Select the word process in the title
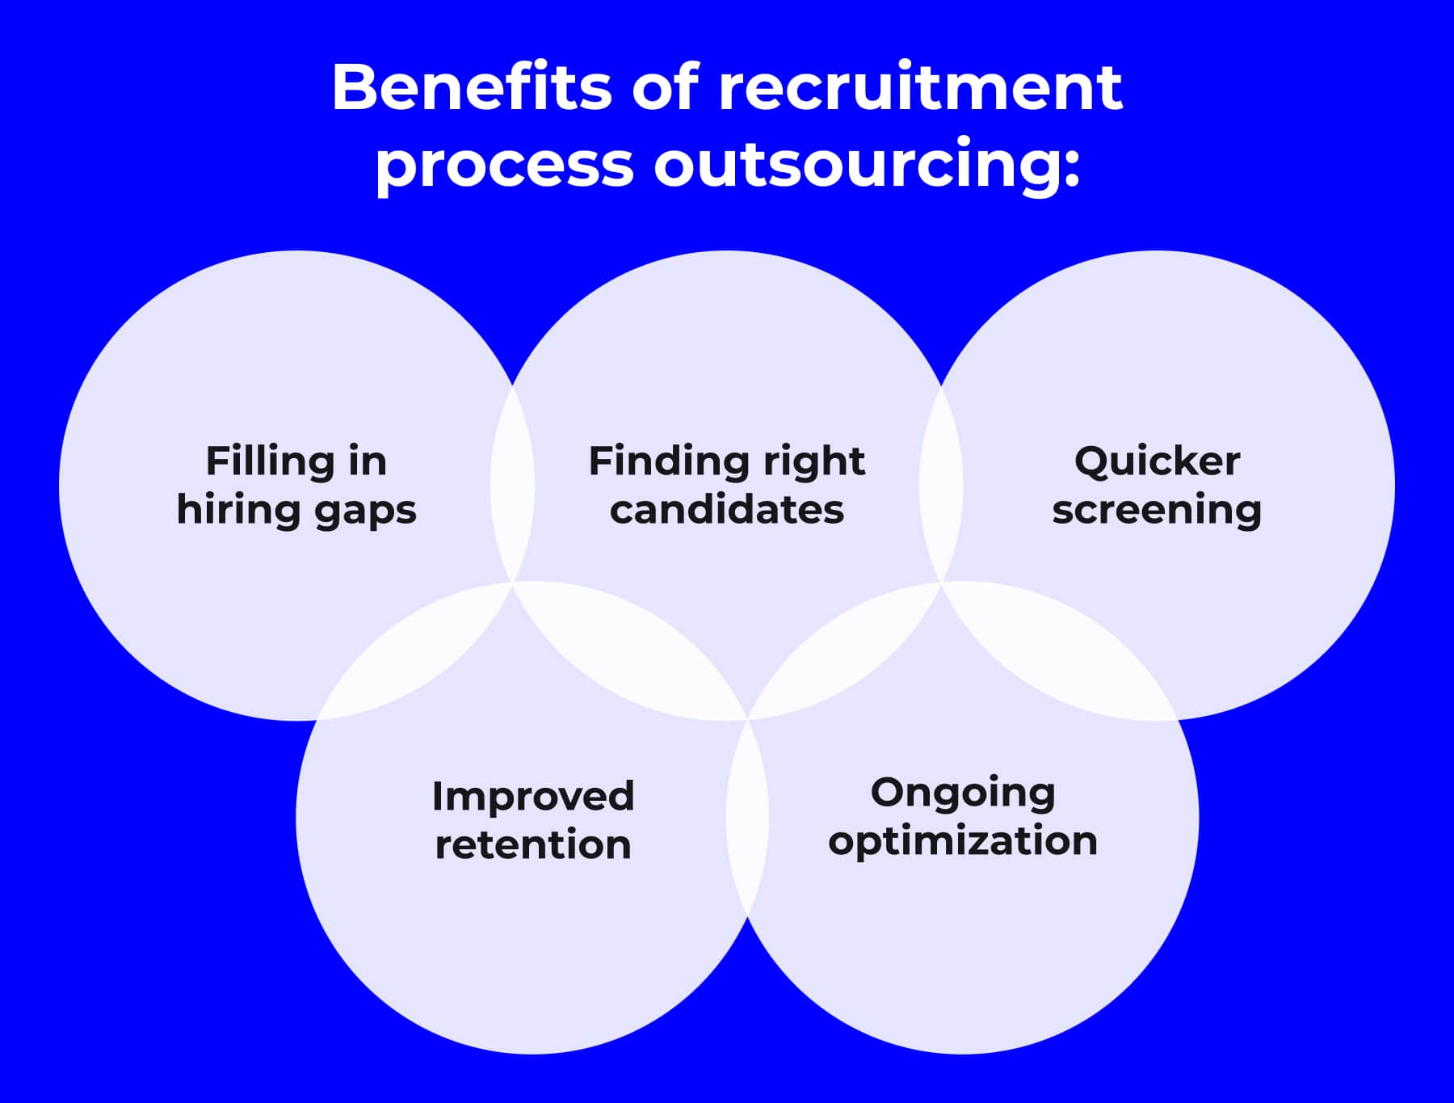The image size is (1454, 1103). (505, 165)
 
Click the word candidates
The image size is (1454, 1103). (726, 510)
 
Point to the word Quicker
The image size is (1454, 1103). (1157, 461)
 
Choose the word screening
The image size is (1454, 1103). (1157, 511)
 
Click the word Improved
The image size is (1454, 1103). (533, 796)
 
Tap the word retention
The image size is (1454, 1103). (533, 844)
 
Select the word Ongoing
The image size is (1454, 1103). (963, 793)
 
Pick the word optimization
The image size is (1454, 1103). (963, 841)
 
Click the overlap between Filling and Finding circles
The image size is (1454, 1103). (512, 485)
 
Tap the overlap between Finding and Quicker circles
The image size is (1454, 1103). (941, 485)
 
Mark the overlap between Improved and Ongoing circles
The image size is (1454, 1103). (747, 816)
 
